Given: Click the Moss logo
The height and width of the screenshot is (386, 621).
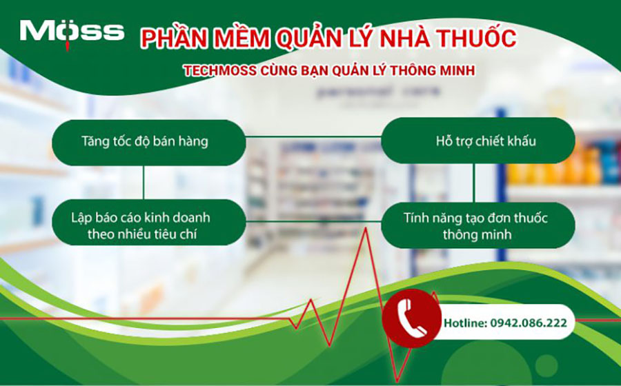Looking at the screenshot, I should pyautogui.click(x=72, y=32).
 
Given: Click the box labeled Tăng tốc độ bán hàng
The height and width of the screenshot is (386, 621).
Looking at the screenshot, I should pyautogui.click(x=149, y=143).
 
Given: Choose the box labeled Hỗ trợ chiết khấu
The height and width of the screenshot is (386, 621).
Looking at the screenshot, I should pyautogui.click(x=477, y=143).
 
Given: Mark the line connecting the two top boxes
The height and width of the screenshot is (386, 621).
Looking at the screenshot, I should pyautogui.click(x=313, y=137).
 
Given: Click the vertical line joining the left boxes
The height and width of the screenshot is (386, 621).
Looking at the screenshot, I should pyautogui.click(x=144, y=184).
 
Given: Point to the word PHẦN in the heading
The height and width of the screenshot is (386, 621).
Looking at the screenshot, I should pyautogui.click(x=169, y=38).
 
